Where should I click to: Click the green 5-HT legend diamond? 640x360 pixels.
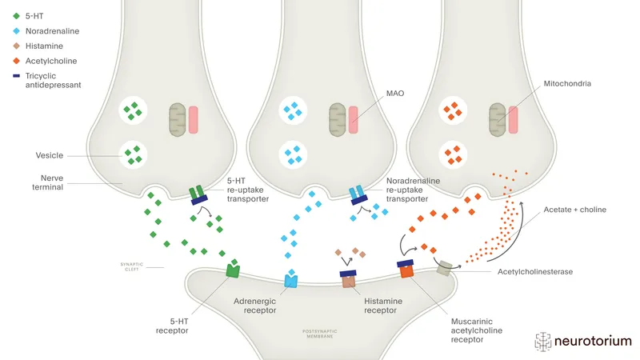(x=17, y=16)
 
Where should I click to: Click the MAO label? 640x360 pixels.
(x=396, y=94)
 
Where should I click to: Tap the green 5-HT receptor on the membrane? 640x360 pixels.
(x=233, y=270)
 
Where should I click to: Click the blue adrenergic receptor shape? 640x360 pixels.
(x=291, y=280)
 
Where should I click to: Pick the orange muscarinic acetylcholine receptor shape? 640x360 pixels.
(x=406, y=270)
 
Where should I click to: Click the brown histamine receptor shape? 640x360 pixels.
(x=349, y=281)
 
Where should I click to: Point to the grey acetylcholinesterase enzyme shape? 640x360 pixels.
(x=443, y=270)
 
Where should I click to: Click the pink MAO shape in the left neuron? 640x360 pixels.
(x=193, y=118)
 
